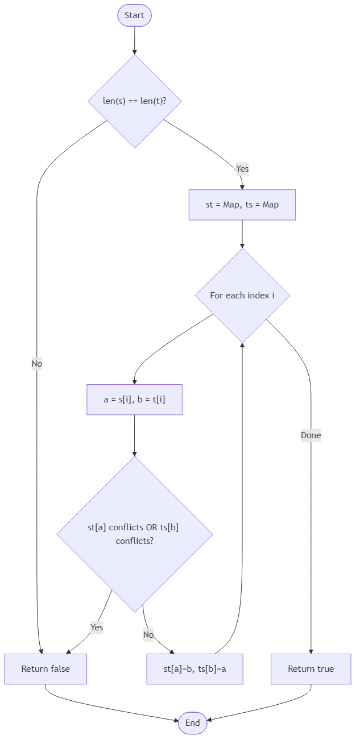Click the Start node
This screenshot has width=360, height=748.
[134, 15]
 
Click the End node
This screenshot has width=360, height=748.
[192, 723]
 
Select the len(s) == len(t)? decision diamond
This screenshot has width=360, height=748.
[135, 101]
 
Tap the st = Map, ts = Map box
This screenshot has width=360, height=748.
[242, 205]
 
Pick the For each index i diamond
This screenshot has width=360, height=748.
[242, 296]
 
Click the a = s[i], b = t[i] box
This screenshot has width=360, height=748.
[135, 400]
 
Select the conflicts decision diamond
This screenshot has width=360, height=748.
[135, 534]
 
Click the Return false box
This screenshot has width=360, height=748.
[45, 669]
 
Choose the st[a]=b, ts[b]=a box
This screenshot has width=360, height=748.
[195, 669]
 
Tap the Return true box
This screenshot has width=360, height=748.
[311, 669]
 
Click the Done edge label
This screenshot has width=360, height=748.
[311, 436]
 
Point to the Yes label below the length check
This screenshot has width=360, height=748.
[242, 169]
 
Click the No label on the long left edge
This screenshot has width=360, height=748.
[37, 364]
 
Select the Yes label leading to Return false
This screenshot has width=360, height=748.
[97, 628]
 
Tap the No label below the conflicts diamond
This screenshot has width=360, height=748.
[148, 634]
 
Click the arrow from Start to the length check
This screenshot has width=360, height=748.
[135, 40]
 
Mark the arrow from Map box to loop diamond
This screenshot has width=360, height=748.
[242, 234]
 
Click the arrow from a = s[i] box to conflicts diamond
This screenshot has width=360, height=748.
[135, 435]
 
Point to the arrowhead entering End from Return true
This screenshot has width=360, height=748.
[210, 720]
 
